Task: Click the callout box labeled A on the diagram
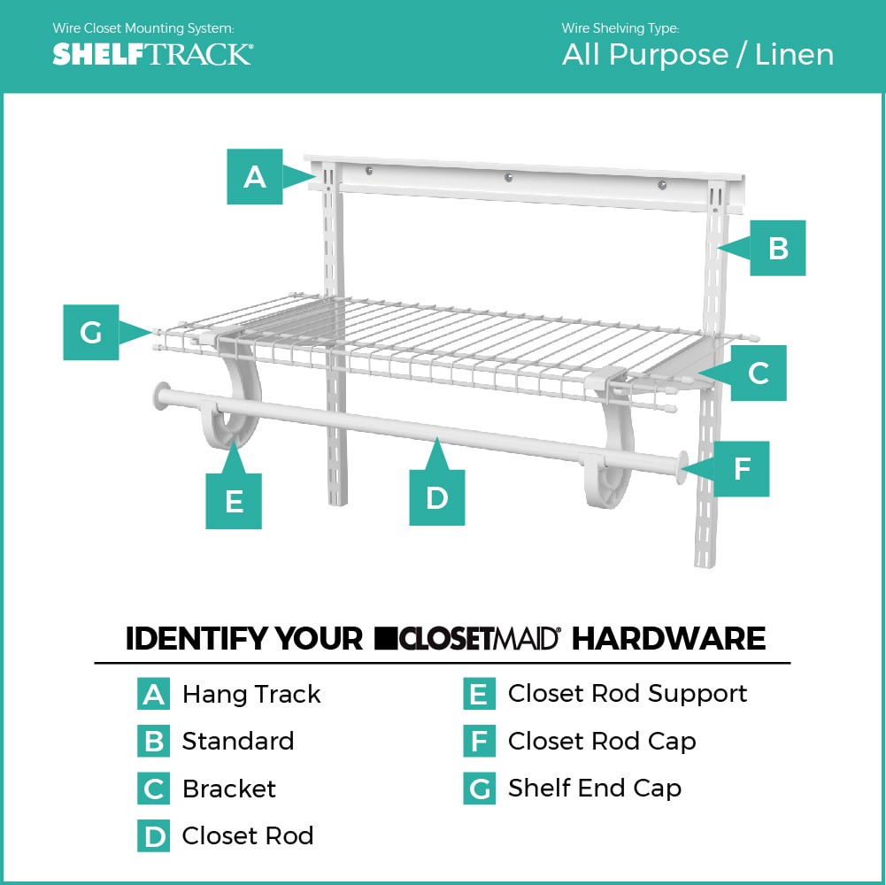tap(255, 177)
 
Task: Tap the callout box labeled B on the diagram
tap(777, 248)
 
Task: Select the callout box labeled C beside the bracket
tap(758, 373)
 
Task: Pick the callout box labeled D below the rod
tap(436, 497)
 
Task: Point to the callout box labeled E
tap(234, 501)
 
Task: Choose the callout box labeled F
tap(742, 468)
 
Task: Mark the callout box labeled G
tap(91, 333)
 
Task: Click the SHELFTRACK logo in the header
tap(152, 54)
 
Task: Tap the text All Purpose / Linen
tap(697, 55)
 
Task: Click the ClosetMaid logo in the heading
tap(467, 638)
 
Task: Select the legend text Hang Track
tap(251, 695)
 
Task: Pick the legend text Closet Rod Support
tap(627, 694)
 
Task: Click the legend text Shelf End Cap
tap(594, 788)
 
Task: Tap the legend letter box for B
tap(154, 742)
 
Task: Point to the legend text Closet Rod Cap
tap(601, 741)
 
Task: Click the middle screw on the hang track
tap(508, 178)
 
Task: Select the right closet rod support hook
tap(606, 479)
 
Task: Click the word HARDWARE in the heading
tap(668, 638)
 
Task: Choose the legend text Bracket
tap(228, 789)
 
